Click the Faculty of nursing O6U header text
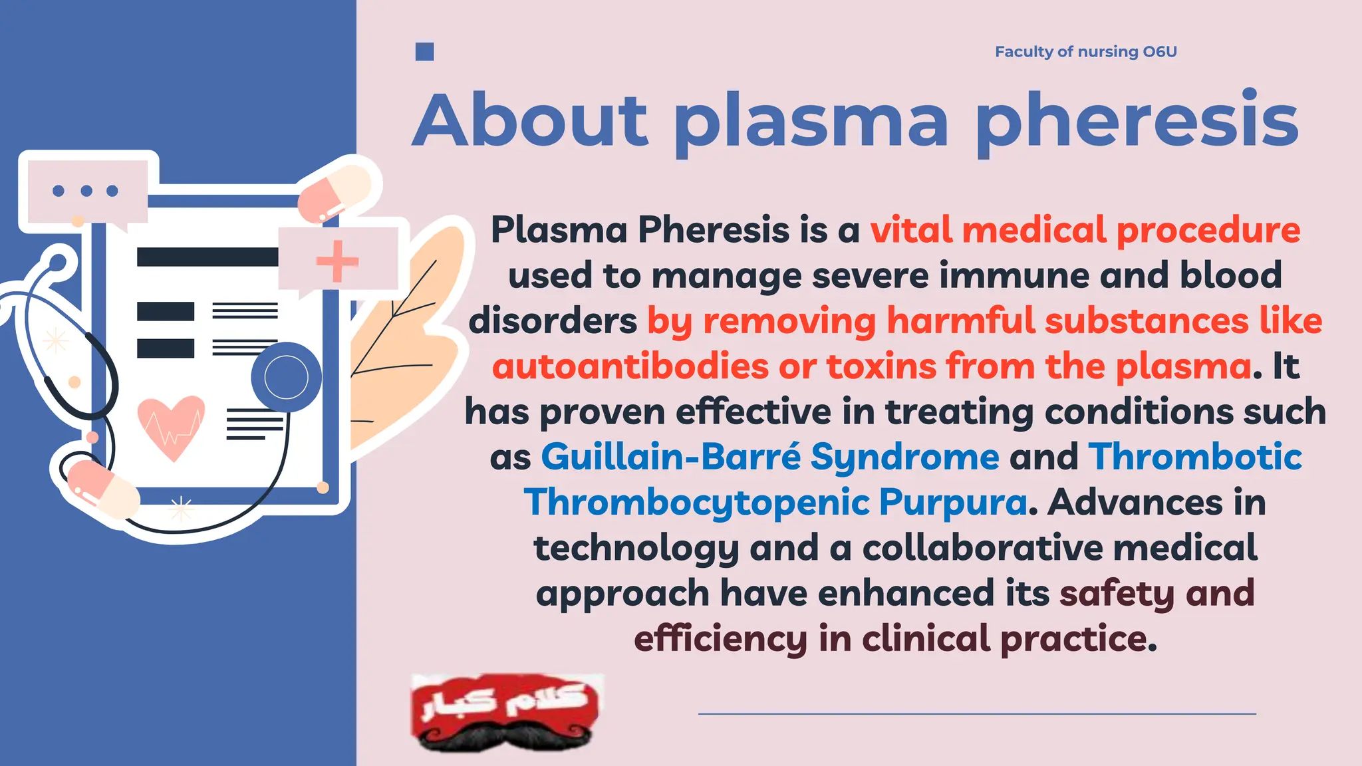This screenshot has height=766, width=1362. click(x=1085, y=52)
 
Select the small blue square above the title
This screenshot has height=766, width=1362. click(x=424, y=52)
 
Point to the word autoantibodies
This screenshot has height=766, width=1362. click(x=630, y=366)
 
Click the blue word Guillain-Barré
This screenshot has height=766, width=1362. click(x=671, y=457)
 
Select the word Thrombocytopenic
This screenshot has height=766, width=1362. click(x=696, y=503)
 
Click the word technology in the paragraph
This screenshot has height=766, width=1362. click(x=636, y=548)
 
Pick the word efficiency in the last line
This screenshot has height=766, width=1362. click(x=720, y=639)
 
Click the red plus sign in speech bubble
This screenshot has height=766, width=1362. click(x=337, y=261)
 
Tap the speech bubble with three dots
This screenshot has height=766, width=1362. click(x=86, y=191)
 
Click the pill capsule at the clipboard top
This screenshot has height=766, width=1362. click(x=335, y=191)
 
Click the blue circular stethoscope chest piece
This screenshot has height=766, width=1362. click(x=286, y=377)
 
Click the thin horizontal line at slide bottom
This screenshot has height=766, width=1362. click(x=976, y=713)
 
